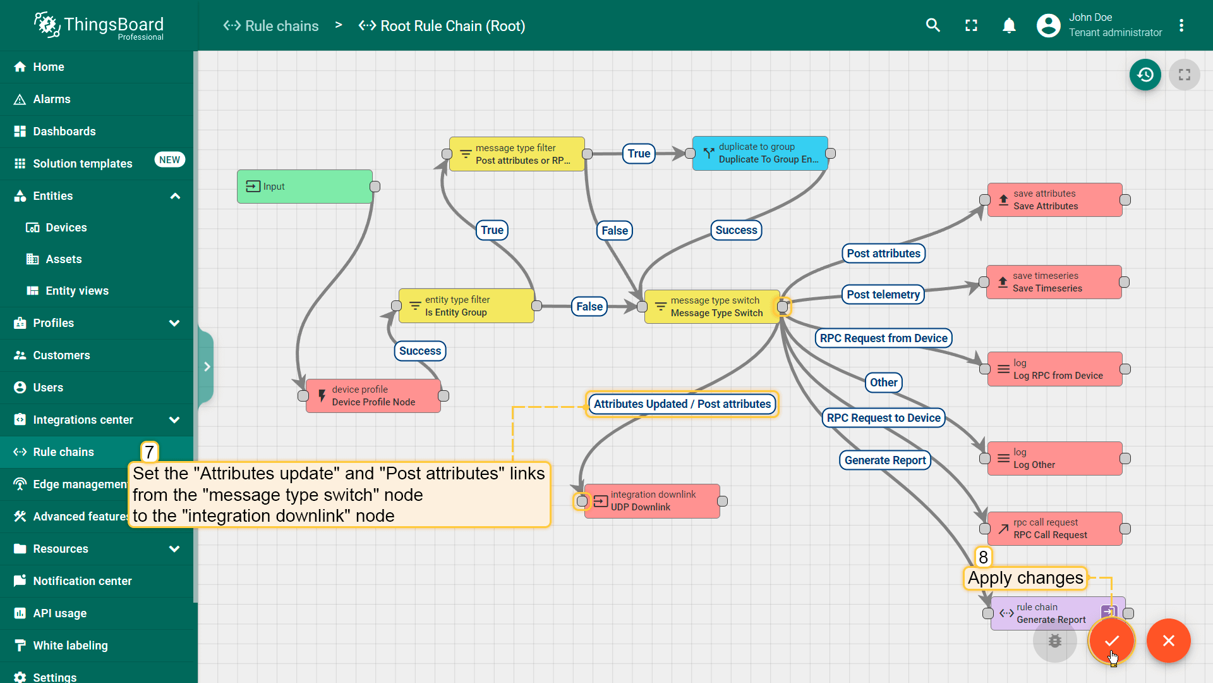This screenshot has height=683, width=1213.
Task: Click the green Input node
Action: [x=305, y=187]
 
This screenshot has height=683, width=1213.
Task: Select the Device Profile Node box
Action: [x=373, y=396]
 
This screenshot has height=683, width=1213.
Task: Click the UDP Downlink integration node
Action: [x=652, y=501]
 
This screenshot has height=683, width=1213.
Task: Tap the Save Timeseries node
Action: [x=1054, y=282]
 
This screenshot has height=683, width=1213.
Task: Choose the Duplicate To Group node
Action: [x=760, y=154]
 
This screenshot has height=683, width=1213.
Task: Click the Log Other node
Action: [x=1054, y=458]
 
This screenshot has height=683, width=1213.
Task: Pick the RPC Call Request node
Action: [x=1054, y=529]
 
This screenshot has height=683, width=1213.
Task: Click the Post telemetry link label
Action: [x=883, y=295]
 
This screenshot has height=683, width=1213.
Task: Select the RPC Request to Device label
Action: [x=883, y=418]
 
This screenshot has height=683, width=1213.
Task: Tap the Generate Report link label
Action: [x=884, y=460]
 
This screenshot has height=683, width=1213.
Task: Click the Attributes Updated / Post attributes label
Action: [x=682, y=404]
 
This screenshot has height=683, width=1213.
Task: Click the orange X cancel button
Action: [x=1168, y=641]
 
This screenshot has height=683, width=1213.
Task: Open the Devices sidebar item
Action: [x=66, y=228]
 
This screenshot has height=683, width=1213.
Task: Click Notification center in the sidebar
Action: [x=82, y=581]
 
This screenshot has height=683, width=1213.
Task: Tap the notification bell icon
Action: [x=1009, y=26]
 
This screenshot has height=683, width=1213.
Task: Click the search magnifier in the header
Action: [x=932, y=26]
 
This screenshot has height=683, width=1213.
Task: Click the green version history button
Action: [x=1145, y=75]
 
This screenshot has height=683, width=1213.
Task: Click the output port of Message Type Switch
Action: [x=783, y=307]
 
